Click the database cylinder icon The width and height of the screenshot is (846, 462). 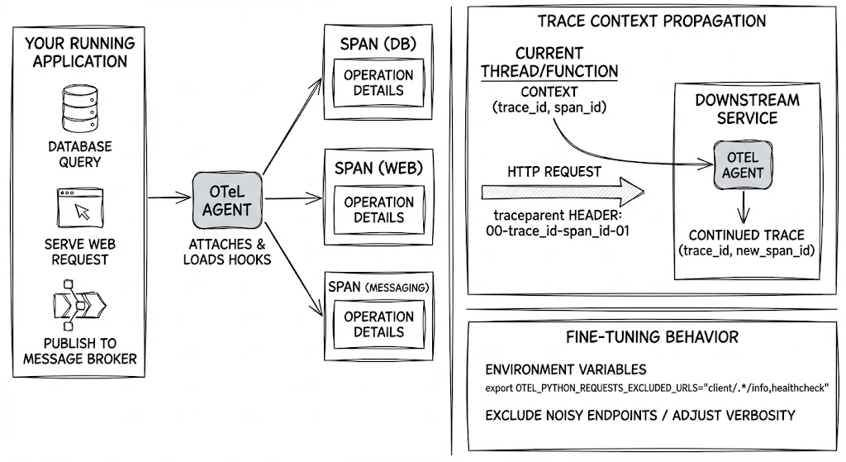point(80,106)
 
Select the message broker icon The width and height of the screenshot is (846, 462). point(80,306)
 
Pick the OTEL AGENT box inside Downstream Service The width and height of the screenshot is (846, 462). point(743,164)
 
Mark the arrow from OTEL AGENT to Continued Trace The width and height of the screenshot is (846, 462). point(743,206)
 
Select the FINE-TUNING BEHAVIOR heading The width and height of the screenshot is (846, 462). point(652,337)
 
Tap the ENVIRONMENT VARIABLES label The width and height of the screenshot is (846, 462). point(565,369)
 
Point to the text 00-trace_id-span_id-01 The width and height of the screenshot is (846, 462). point(558,231)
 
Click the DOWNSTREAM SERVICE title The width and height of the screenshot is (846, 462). point(746,109)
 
